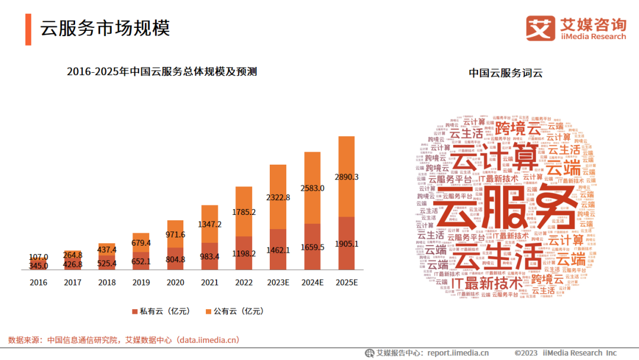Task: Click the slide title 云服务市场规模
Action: tap(105, 28)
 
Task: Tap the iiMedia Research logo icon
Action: tap(540, 28)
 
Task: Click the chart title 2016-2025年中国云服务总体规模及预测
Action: tap(162, 72)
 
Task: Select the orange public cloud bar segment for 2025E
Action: tap(346, 176)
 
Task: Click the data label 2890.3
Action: tap(346, 177)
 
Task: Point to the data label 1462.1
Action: tap(278, 250)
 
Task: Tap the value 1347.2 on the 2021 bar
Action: tap(210, 224)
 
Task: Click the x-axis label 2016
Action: tap(38, 282)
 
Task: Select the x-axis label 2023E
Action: tap(278, 282)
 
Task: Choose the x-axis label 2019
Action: tap(141, 282)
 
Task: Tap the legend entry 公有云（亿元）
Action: tap(230, 311)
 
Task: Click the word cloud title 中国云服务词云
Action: tap(505, 73)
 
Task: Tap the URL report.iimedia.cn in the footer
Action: tap(459, 353)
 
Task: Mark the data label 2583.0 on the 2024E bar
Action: tap(312, 188)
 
